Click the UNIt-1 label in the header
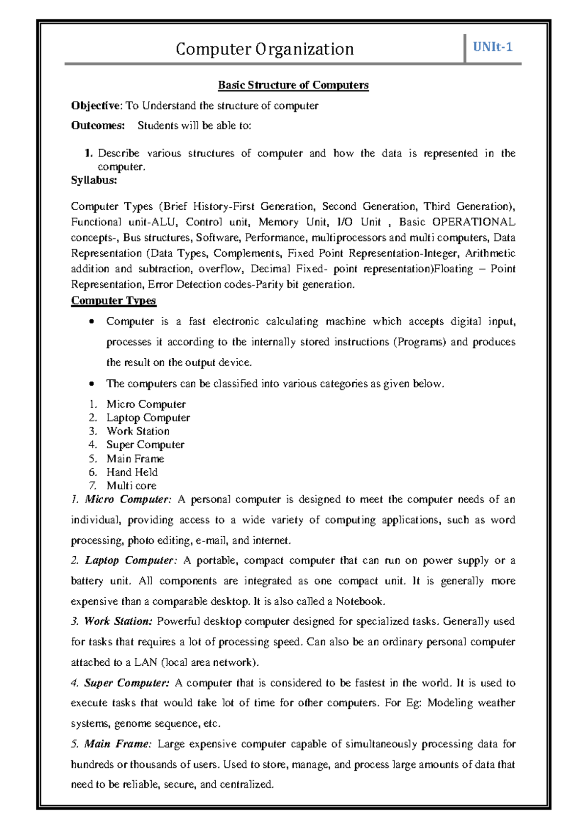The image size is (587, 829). pos(492,47)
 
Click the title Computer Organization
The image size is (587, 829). pos(265,49)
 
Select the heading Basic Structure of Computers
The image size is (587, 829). pos(293,85)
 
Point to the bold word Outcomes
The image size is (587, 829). pos(98,126)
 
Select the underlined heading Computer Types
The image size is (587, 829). pos(113,300)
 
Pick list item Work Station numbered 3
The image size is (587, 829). pos(138,431)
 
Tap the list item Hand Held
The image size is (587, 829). pos(132,472)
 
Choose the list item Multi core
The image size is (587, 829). pos(131,486)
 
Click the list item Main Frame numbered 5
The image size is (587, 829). pos(135,458)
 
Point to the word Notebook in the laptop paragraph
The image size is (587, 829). pos(360,601)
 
